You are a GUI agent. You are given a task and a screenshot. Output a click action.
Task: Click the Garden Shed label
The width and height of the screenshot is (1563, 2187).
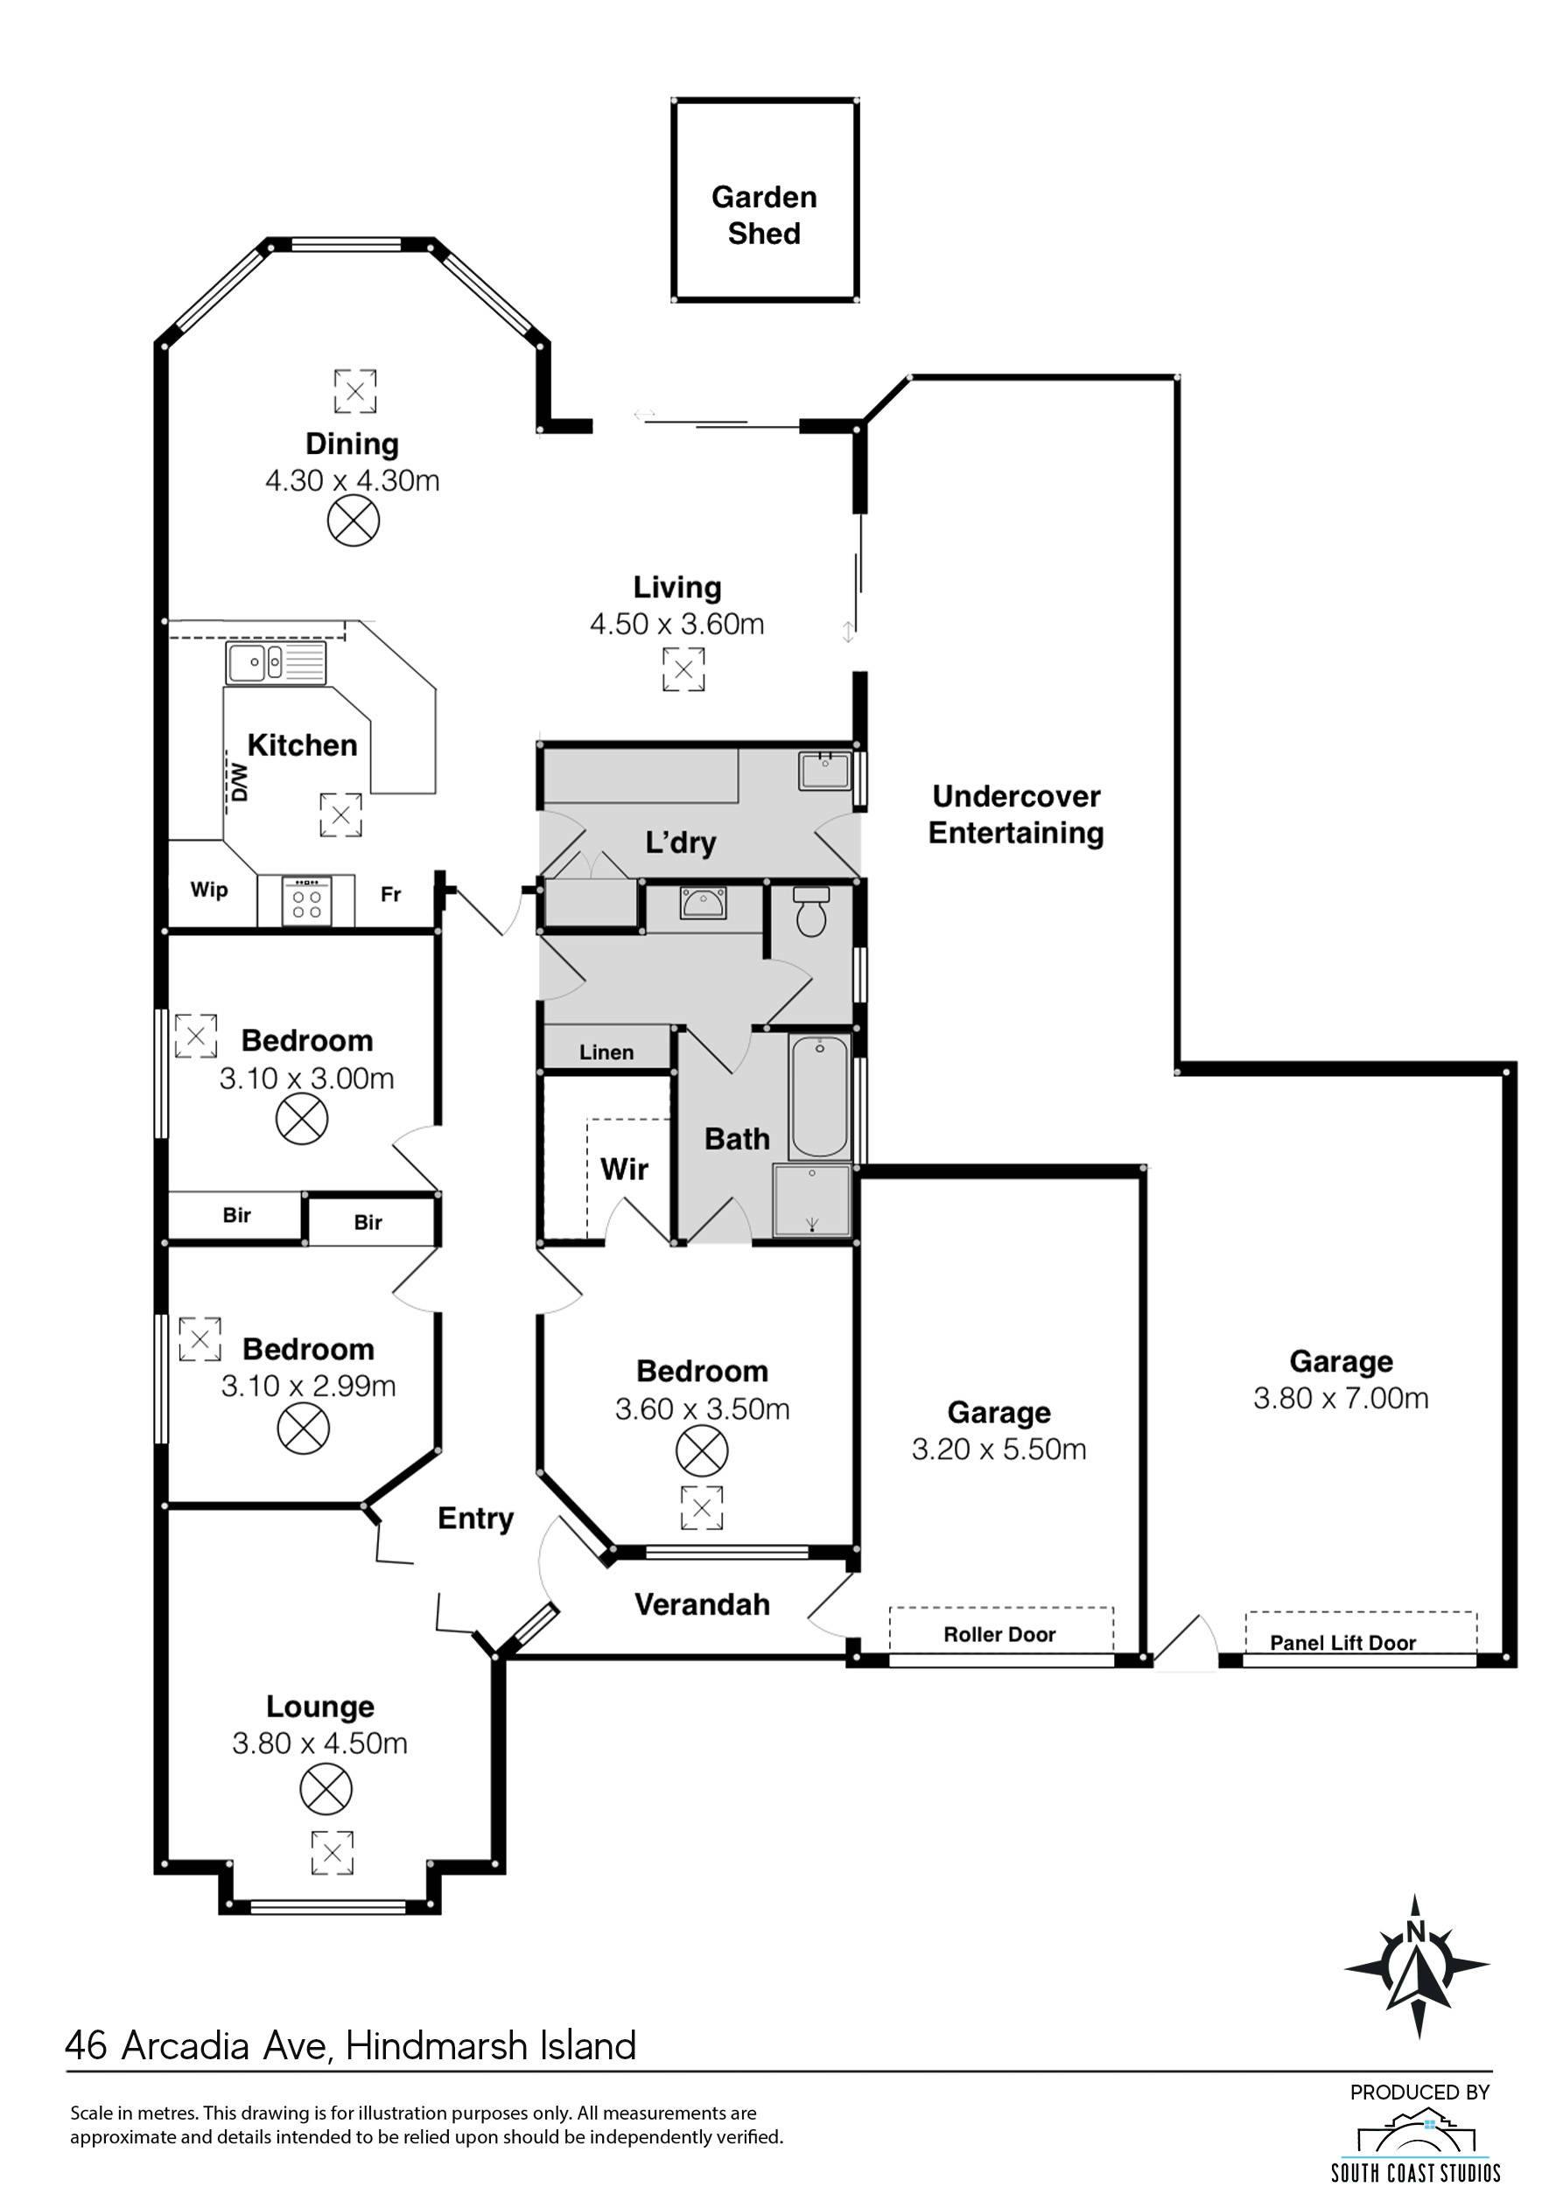coord(764,215)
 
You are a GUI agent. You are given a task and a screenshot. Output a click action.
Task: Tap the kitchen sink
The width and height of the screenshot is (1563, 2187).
coord(277,663)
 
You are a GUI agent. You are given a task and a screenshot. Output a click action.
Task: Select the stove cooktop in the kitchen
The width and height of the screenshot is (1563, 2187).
coord(307,900)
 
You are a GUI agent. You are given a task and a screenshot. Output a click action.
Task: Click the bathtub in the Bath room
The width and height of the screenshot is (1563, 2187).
coord(819,1097)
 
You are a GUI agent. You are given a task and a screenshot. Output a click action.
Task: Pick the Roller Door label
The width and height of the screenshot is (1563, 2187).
coord(999,1634)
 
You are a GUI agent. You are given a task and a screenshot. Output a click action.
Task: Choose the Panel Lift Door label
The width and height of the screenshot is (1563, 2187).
coord(1342,1642)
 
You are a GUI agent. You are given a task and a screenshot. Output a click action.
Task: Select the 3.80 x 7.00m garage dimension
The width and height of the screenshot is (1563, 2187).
coord(1341,1398)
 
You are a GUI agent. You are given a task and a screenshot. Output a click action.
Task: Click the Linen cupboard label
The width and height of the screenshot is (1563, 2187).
coord(606,1052)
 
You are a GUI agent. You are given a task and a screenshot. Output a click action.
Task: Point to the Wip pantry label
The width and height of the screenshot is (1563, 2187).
coord(209,889)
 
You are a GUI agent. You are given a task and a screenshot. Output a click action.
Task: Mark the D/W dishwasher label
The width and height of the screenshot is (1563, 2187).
coord(239,782)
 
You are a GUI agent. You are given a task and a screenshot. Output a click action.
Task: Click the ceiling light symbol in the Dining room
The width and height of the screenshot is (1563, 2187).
coord(354,521)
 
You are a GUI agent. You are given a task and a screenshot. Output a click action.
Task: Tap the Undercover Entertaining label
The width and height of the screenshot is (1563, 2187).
coord(1016,814)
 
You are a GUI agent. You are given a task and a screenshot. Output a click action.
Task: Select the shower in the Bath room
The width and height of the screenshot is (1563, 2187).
coord(812,1201)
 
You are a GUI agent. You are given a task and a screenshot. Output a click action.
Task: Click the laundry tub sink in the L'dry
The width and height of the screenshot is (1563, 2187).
coord(824,772)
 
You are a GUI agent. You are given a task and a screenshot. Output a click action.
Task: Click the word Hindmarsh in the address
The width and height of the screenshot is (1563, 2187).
coord(436,2045)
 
